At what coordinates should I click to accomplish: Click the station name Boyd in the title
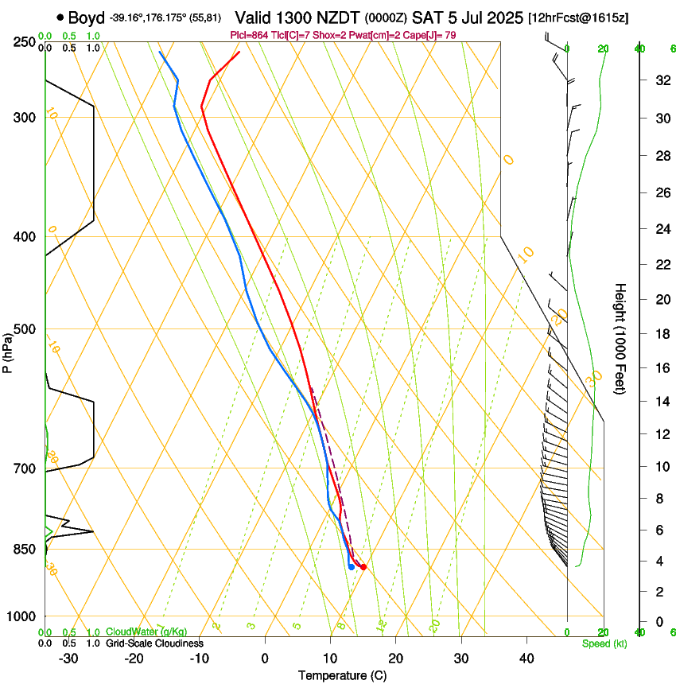pos(87,17)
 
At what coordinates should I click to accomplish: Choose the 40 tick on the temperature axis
pos(526,658)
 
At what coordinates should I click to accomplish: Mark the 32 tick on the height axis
pos(661,80)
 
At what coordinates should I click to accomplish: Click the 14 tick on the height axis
pos(661,402)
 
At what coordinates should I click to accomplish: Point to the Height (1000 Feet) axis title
pos(620,339)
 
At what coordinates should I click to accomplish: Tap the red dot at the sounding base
pos(363,567)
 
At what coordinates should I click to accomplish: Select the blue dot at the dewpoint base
pos(351,567)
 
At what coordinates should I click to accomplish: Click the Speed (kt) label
pos(604,643)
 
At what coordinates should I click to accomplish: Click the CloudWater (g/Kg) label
pos(147,632)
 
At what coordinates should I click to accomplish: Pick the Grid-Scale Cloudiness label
pos(154,643)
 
